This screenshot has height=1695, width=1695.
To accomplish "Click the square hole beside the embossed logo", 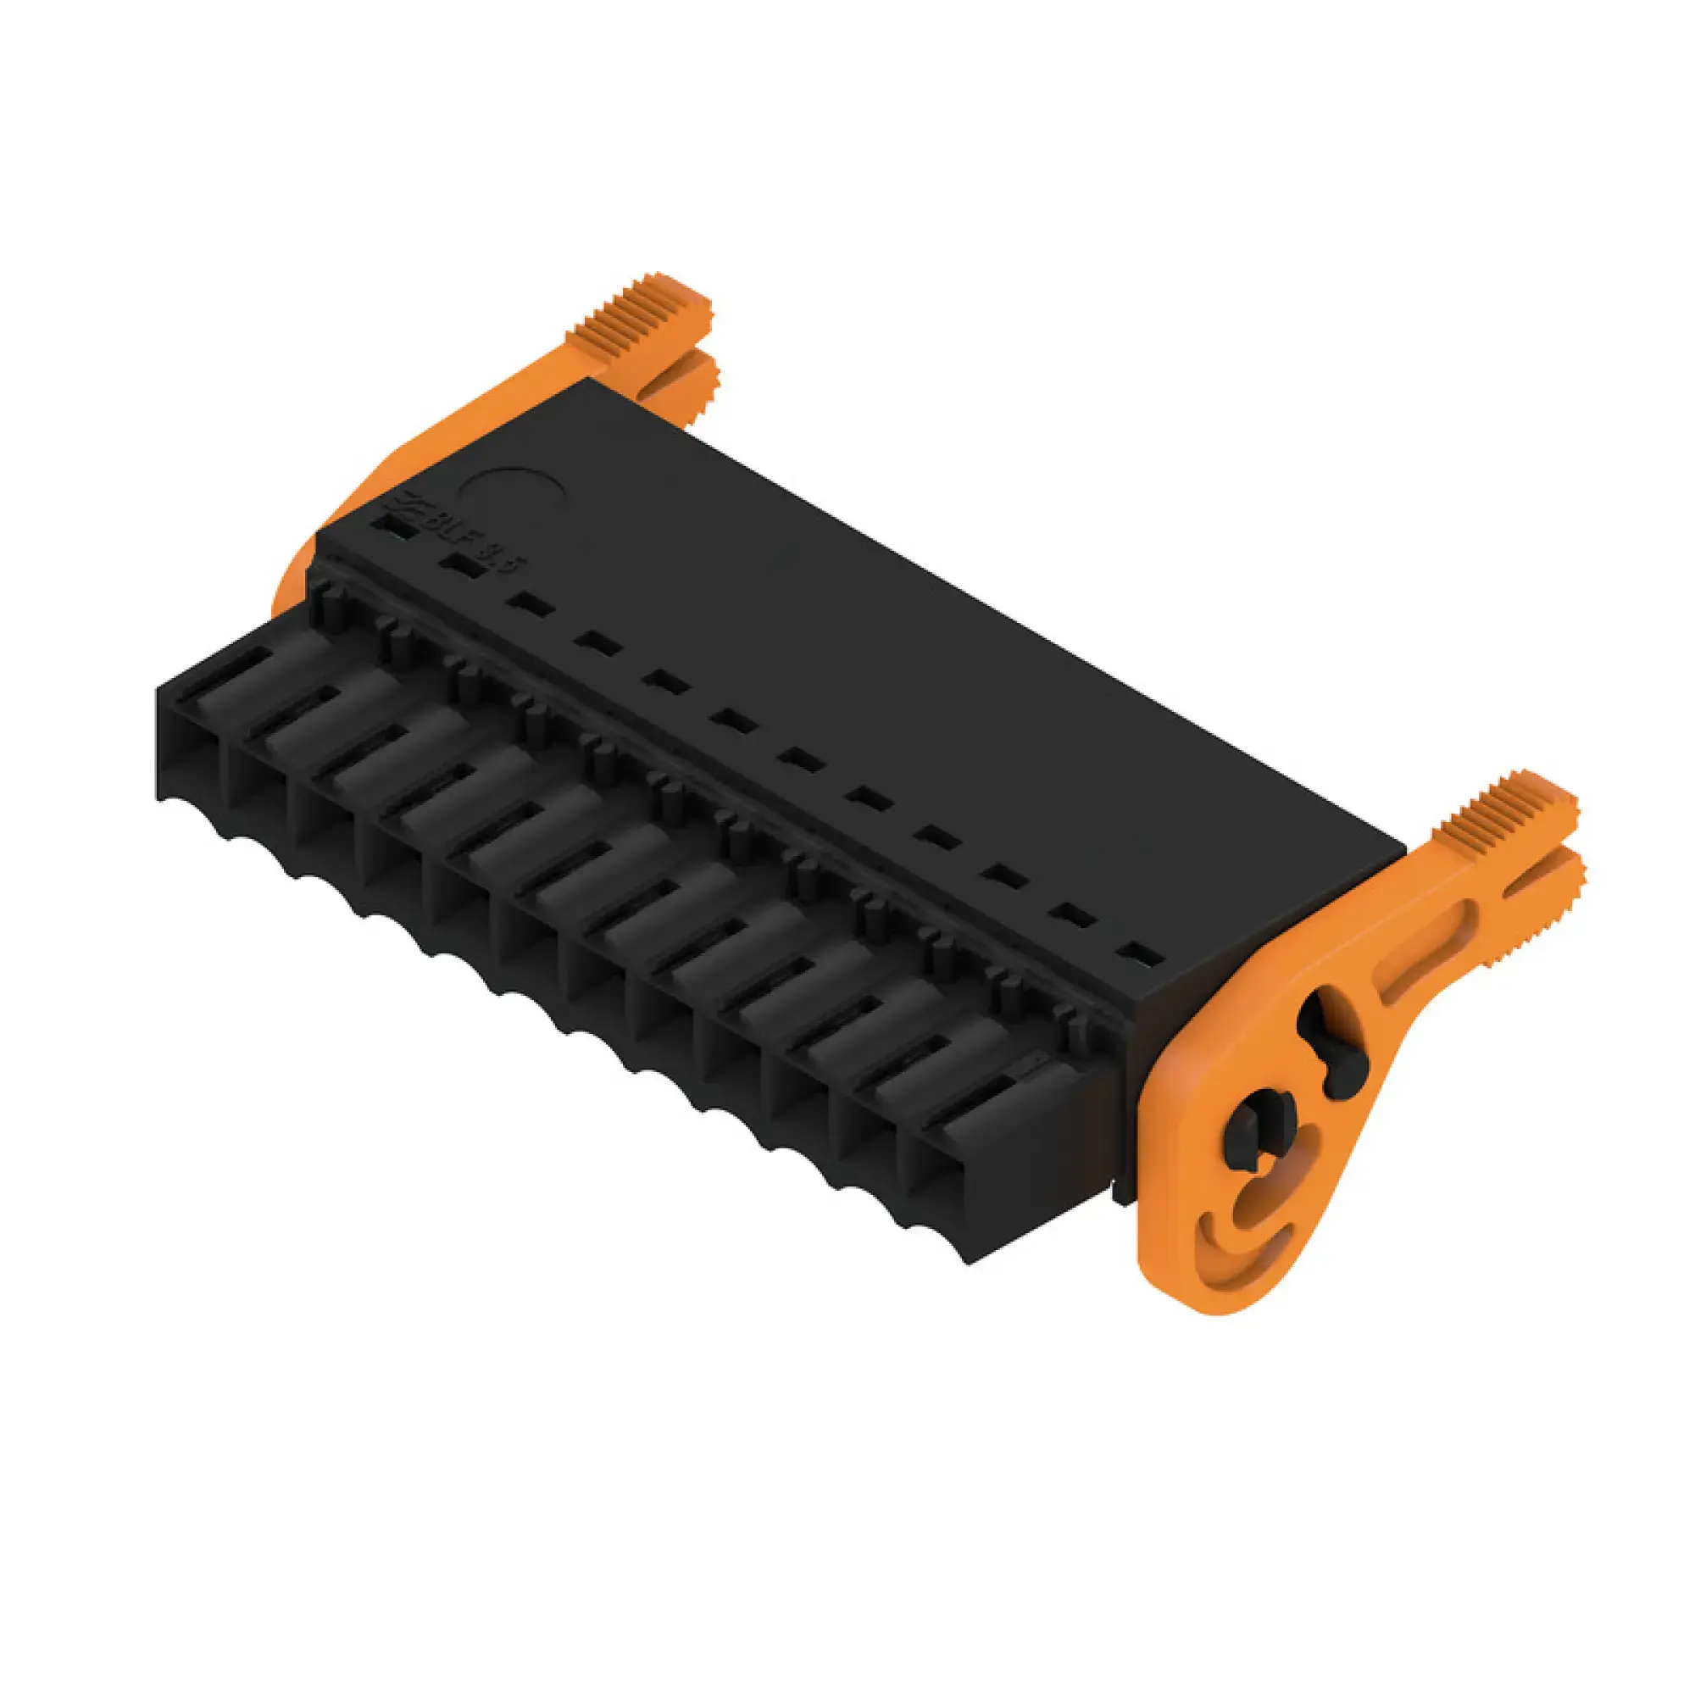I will (389, 526).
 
